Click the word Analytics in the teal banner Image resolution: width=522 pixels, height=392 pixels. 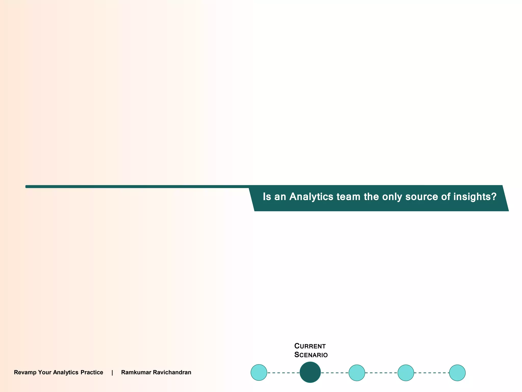(311, 197)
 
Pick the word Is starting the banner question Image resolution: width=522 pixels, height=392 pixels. (267, 197)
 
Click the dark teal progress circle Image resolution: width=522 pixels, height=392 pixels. (310, 372)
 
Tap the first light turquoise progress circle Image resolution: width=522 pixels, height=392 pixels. (259, 373)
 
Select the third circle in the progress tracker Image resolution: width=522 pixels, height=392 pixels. (357, 373)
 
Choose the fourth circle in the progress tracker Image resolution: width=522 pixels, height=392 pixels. (406, 373)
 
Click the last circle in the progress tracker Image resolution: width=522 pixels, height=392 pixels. (457, 373)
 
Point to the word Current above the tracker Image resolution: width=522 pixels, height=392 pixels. (310, 346)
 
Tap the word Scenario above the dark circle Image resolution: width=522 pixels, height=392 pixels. (311, 355)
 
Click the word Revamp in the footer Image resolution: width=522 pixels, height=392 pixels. (25, 372)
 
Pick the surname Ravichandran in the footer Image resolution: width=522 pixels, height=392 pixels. (172, 372)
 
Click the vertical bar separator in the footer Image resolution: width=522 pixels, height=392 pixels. (112, 373)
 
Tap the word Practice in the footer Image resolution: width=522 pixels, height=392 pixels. (92, 372)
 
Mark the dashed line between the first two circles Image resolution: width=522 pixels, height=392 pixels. (283, 373)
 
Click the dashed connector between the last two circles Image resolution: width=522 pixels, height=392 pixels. (432, 373)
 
